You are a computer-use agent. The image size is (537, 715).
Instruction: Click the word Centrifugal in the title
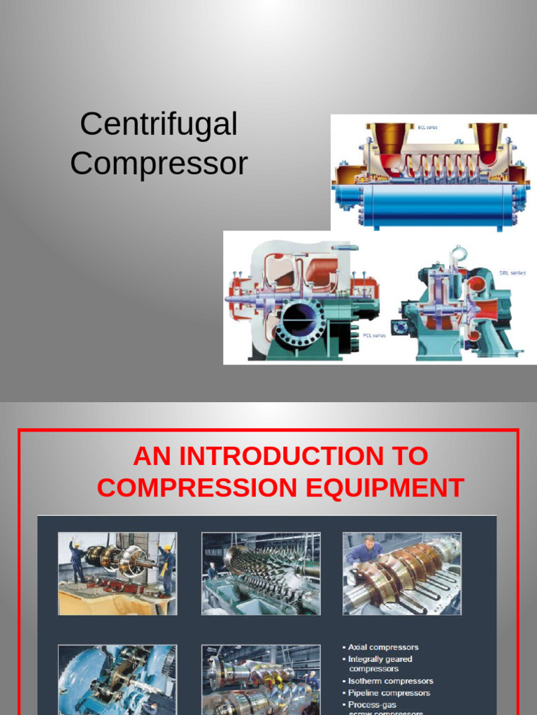click(159, 124)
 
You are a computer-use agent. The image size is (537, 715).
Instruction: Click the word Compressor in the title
click(159, 163)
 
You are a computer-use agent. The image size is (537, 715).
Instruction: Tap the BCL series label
click(427, 128)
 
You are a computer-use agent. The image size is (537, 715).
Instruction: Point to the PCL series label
click(374, 336)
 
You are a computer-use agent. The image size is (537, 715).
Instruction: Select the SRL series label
click(512, 272)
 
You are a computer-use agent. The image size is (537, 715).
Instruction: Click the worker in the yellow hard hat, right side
click(167, 566)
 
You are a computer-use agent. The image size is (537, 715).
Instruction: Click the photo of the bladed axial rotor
click(261, 573)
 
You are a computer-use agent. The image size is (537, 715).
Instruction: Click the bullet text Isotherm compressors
click(391, 681)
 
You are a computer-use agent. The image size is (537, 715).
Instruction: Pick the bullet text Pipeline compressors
click(389, 693)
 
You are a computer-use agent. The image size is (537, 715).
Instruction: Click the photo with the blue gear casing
click(117, 679)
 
